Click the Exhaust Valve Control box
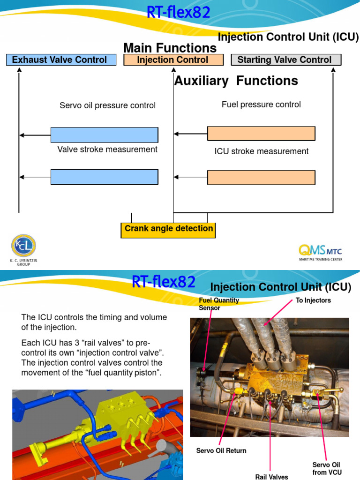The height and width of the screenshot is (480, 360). point(61,60)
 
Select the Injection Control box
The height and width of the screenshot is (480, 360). point(172,60)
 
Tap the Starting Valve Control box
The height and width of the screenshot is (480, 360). point(286,60)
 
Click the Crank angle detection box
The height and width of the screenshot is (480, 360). point(168,229)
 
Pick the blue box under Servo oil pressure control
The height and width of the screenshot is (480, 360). point(104,135)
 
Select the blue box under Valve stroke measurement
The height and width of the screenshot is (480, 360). point(104,177)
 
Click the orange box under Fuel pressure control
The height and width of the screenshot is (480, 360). point(261,134)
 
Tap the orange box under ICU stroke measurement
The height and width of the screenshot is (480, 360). point(261,178)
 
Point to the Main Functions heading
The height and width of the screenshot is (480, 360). point(170,48)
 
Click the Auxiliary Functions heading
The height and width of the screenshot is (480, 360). point(236,81)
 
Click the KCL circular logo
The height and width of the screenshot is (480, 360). point(23,246)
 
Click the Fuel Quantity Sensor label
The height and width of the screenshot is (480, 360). point(218,304)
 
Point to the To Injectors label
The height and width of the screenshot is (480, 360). point(313,300)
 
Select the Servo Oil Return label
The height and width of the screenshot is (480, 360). point(221,450)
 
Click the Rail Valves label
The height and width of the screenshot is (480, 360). point(272,476)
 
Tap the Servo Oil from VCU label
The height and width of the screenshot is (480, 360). point(326,468)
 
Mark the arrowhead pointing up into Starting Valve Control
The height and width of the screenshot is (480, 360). point(333,70)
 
